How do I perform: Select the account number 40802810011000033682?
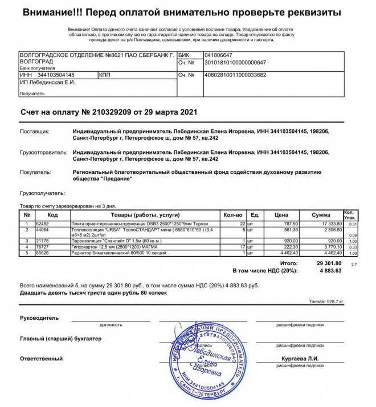[x=235, y=75]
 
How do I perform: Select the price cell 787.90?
[x=291, y=224]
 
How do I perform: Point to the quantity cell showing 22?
[x=241, y=224]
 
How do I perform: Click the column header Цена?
[x=281, y=215]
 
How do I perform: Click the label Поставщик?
[x=35, y=131]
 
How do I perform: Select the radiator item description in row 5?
[x=112, y=253]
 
